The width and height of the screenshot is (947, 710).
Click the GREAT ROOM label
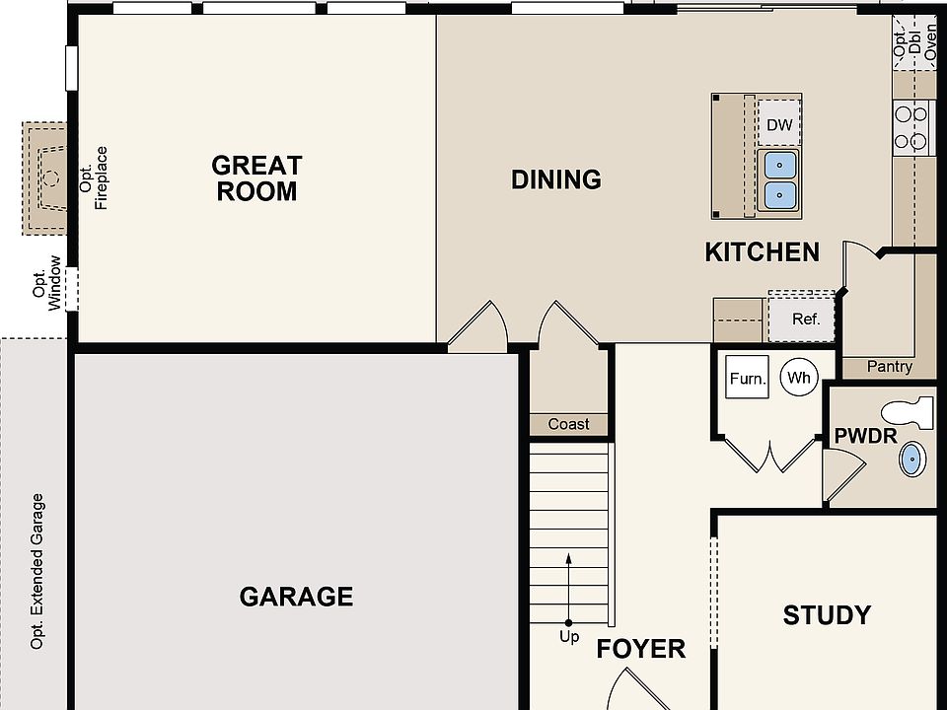click(x=256, y=178)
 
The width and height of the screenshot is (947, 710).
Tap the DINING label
click(x=556, y=179)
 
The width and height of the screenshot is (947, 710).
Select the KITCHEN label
click(x=763, y=252)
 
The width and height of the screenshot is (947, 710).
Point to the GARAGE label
click(x=296, y=597)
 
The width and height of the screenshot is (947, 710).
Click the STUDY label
click(x=827, y=615)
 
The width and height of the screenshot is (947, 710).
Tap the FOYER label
click(x=641, y=649)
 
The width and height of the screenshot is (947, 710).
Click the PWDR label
click(x=865, y=436)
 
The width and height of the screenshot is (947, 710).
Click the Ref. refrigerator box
click(x=801, y=318)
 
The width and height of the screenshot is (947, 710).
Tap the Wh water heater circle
click(x=799, y=378)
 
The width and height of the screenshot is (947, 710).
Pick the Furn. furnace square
click(x=747, y=377)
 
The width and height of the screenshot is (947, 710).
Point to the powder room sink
click(x=912, y=460)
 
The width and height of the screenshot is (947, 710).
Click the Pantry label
click(x=889, y=367)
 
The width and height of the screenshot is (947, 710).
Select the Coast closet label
click(x=568, y=424)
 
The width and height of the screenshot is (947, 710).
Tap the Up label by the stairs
click(x=569, y=636)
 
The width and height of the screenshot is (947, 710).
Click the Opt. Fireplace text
click(x=94, y=178)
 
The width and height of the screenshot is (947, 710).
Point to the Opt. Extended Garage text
click(x=37, y=571)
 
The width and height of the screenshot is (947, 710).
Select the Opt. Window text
click(x=47, y=283)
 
